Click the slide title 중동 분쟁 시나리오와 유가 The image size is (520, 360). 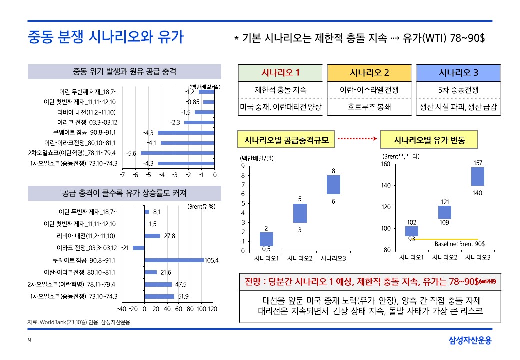pyautogui.click(x=105, y=37)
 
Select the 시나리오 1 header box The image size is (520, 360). pyautogui.click(x=280, y=73)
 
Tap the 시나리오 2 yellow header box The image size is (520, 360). pyautogui.click(x=369, y=73)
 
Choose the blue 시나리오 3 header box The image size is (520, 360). pyautogui.click(x=458, y=73)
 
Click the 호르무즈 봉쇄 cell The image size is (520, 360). pyautogui.click(x=369, y=107)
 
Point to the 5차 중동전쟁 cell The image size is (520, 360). pyautogui.click(x=458, y=90)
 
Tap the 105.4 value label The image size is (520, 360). pyautogui.click(x=212, y=260)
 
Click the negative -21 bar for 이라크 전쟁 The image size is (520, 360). pyautogui.click(x=138, y=248)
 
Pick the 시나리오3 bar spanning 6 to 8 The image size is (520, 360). pyautogui.click(x=333, y=185)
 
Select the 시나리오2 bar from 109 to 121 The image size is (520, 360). pyautogui.click(x=445, y=212)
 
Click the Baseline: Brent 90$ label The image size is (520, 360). pyautogui.click(x=459, y=244)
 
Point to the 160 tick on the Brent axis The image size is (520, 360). pyautogui.click(x=385, y=164)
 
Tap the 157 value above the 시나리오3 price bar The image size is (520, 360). pyautogui.click(x=478, y=163)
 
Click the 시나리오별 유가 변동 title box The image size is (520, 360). pyautogui.click(x=429, y=140)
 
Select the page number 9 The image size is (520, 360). pyautogui.click(x=29, y=341)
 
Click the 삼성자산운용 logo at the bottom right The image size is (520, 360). pyautogui.click(x=470, y=341)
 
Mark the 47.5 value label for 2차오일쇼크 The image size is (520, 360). pyautogui.click(x=181, y=284)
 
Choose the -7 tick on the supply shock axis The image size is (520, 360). pyautogui.click(x=122, y=175)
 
